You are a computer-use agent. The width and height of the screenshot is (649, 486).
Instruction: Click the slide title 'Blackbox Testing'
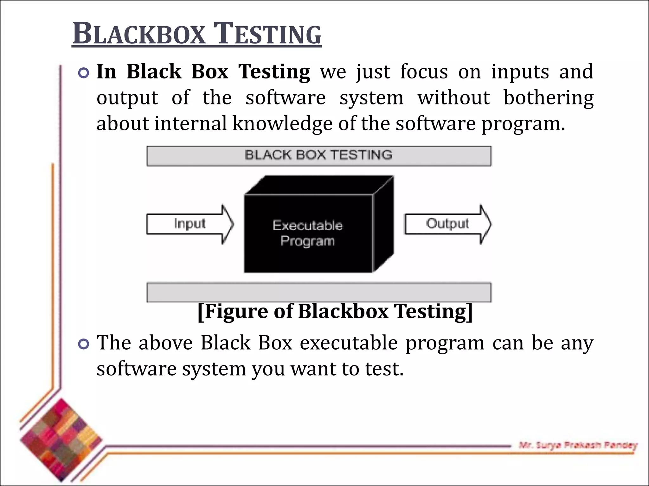196,34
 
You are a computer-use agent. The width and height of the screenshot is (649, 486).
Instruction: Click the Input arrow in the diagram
190,224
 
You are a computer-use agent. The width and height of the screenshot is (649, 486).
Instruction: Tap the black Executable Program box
308,234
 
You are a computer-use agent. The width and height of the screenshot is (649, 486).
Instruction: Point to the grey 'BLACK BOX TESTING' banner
319,156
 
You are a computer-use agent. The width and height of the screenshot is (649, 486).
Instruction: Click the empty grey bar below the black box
319,292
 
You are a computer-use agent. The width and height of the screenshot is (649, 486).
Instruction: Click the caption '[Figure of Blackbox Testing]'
335,311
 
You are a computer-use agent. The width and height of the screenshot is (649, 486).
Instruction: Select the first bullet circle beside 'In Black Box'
84,73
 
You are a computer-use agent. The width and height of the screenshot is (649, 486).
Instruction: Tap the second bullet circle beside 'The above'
84,344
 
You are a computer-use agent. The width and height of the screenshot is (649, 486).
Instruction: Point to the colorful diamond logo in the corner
61,440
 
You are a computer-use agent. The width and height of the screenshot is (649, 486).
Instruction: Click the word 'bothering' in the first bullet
548,97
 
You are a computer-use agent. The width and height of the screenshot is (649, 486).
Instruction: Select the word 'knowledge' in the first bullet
282,123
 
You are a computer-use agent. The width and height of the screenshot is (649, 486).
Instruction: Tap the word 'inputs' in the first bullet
520,72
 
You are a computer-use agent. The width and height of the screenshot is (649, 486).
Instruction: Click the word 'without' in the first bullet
454,97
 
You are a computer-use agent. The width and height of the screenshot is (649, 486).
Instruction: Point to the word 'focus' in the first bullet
424,72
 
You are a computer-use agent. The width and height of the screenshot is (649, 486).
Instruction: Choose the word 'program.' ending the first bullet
523,124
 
